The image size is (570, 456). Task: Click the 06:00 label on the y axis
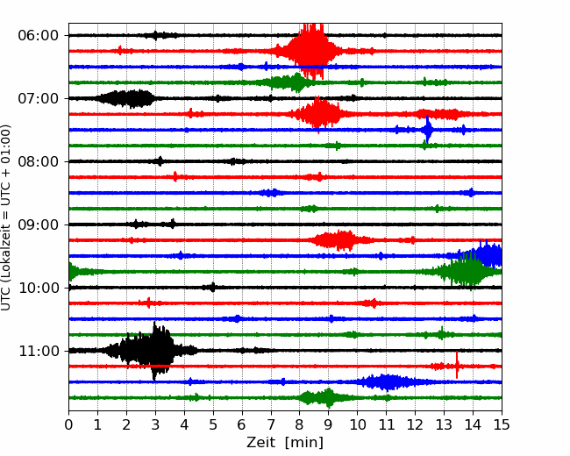[39, 36]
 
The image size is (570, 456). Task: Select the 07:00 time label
[39, 98]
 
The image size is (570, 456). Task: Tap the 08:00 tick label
[39, 162]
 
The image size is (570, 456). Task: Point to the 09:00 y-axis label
[39, 224]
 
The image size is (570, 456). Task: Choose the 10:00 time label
[39, 288]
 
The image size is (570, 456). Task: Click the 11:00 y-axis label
[39, 352]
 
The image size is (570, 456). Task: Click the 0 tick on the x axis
[68, 424]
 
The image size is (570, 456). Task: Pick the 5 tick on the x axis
[213, 424]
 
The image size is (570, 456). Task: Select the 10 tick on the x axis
[357, 424]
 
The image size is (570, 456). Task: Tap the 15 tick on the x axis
[502, 424]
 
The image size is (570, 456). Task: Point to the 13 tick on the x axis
[444, 424]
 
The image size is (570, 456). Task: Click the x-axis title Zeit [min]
[285, 443]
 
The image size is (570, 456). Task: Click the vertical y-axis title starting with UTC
[5, 217]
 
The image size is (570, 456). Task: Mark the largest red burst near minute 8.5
[310, 51]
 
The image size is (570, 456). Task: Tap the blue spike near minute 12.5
[428, 130]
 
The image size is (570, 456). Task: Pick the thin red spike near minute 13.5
[457, 365]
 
